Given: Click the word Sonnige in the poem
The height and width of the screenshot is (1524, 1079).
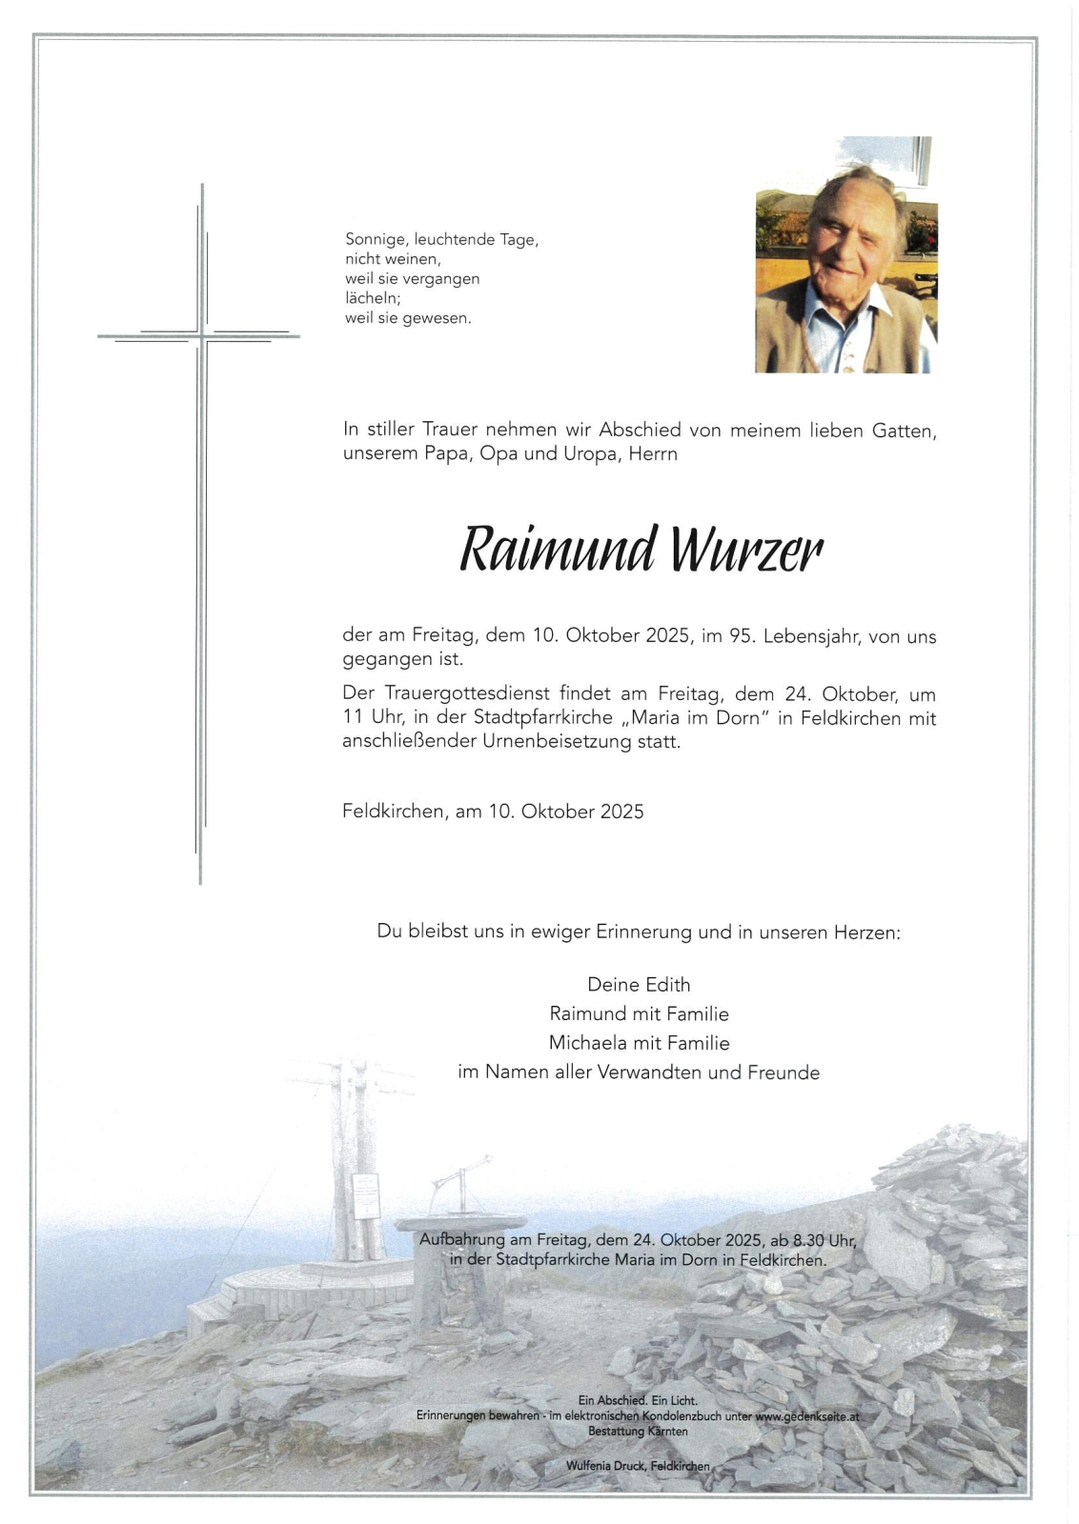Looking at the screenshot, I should click(x=377, y=240).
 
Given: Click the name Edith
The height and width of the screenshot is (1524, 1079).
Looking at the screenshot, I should click(x=666, y=985).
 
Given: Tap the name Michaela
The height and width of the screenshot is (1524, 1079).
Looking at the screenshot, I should click(x=585, y=1043).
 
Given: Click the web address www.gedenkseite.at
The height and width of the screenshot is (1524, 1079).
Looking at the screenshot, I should click(x=806, y=1416).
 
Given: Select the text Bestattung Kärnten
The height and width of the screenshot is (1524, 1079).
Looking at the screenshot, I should click(x=638, y=1431).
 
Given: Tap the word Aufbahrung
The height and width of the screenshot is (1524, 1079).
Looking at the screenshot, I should click(x=461, y=1240).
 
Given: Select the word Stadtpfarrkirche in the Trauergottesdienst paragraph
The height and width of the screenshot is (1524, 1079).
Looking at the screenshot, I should click(x=541, y=718).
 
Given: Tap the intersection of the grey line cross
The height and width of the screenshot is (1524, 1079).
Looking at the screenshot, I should click(x=201, y=335).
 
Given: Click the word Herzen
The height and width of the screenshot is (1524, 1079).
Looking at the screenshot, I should click(x=865, y=932).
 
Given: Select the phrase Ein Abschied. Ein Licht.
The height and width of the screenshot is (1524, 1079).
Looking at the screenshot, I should click(x=638, y=1400).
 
